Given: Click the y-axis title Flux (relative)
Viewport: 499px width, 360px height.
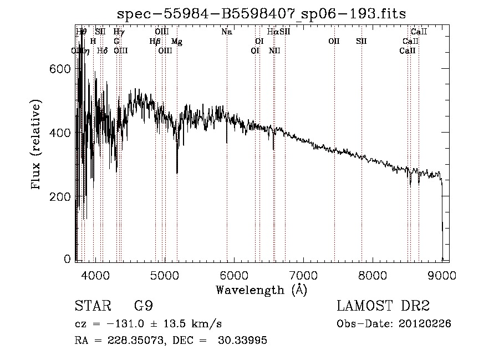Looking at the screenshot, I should tap(37, 145).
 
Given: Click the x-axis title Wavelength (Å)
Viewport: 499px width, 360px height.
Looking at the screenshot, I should tap(261, 290).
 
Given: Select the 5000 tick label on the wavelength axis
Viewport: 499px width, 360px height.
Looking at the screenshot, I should tap(164, 275).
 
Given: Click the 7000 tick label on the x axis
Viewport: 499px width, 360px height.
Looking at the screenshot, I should tap(303, 275).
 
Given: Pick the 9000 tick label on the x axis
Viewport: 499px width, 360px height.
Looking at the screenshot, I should tap(441, 275).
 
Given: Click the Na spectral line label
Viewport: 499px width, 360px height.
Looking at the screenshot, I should tap(226, 32).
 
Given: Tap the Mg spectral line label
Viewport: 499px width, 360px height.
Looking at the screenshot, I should tap(176, 42).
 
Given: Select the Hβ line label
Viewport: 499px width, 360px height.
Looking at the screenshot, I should tap(155, 42).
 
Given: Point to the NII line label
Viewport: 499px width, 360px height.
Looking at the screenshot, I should tap(274, 50).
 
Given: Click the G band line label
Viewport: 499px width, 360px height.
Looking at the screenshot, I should tap(116, 41).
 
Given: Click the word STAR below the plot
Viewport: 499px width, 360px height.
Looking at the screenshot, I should tap(92, 306).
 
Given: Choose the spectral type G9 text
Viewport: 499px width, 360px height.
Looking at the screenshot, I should tap(144, 306).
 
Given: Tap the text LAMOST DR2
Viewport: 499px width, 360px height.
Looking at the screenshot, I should tap(383, 306).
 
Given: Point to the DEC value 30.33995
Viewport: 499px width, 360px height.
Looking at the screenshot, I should tap(245, 341).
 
